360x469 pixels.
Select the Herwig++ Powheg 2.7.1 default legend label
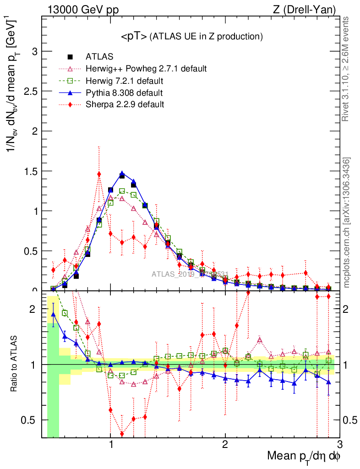tap(146, 69)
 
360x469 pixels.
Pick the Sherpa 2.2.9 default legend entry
tap(125, 104)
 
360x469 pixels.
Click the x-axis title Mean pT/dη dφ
tap(304, 457)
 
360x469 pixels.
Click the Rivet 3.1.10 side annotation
tap(347, 69)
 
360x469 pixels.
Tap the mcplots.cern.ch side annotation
tap(347, 223)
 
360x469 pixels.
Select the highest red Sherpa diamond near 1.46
tap(99, 174)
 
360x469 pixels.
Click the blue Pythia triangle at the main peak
tap(122, 174)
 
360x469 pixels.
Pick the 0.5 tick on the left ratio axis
tap(33, 420)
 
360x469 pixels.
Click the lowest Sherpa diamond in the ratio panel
tap(122, 434)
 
